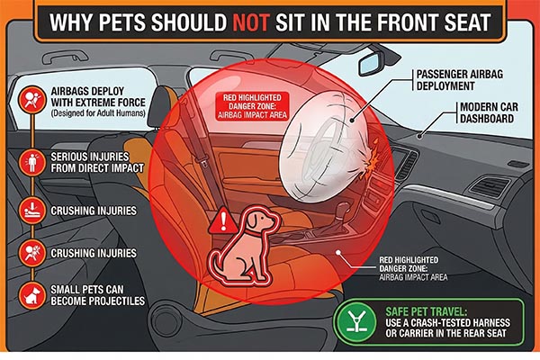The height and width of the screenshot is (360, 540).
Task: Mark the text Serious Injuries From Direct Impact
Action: tap(93, 163)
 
